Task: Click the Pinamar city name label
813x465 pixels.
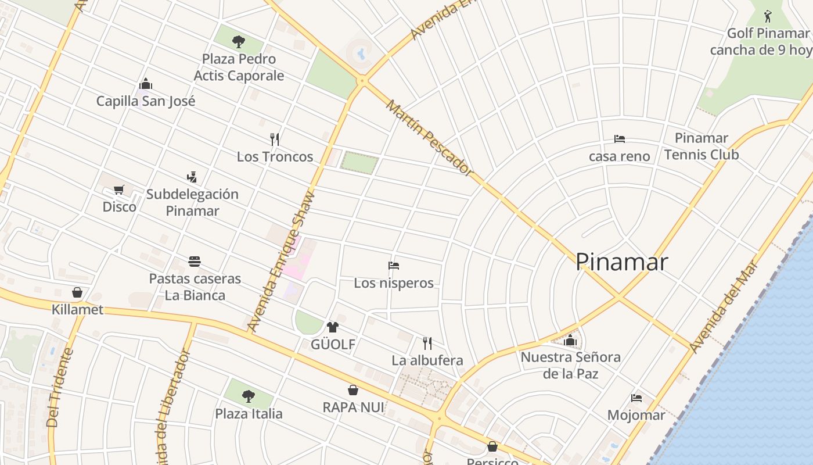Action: click(x=621, y=262)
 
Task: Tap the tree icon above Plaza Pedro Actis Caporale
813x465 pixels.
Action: click(x=238, y=41)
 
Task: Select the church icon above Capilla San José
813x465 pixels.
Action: click(x=146, y=84)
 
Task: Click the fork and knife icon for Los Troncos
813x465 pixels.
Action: click(x=275, y=139)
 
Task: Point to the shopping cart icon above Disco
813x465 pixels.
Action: click(x=119, y=189)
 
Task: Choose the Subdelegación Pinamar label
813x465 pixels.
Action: click(x=192, y=202)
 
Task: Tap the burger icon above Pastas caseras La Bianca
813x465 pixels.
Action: click(x=195, y=261)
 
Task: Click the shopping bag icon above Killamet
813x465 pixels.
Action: click(x=77, y=292)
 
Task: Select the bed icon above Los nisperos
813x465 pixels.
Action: click(x=394, y=266)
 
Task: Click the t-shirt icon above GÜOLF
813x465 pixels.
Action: click(x=333, y=327)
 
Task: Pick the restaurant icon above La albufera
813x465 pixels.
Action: click(x=427, y=343)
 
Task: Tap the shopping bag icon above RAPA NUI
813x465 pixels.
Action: click(x=353, y=389)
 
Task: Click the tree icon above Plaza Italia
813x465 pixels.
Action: click(x=249, y=396)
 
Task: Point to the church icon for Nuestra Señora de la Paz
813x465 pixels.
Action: click(x=570, y=339)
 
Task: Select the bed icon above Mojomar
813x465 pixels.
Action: click(x=636, y=398)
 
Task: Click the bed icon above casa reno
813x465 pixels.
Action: click(x=620, y=139)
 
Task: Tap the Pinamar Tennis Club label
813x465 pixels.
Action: click(x=702, y=146)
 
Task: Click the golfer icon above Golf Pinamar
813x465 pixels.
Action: click(x=768, y=16)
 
